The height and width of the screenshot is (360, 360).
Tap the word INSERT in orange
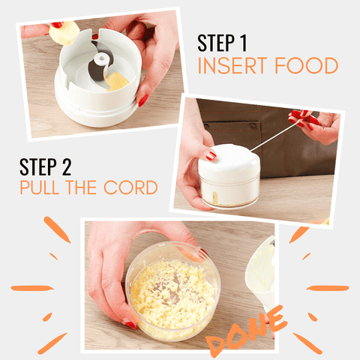click(x=232, y=65)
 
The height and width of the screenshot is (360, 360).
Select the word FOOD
click(x=307, y=65)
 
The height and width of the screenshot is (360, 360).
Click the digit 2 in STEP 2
click(x=67, y=166)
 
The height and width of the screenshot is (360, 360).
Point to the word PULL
click(x=39, y=187)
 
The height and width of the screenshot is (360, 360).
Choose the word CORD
click(x=130, y=187)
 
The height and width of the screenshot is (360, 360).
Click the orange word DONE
click(x=246, y=331)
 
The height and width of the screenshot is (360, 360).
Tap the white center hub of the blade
click(x=101, y=59)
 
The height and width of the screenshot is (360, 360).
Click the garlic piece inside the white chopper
click(x=116, y=82)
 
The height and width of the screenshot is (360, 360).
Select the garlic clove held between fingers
click(x=64, y=33)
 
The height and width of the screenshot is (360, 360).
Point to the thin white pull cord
click(x=274, y=136)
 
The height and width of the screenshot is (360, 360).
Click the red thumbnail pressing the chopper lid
click(x=211, y=155)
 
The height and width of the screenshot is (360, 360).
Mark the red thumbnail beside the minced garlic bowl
click(x=130, y=325)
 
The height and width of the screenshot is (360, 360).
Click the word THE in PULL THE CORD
click(x=81, y=187)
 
